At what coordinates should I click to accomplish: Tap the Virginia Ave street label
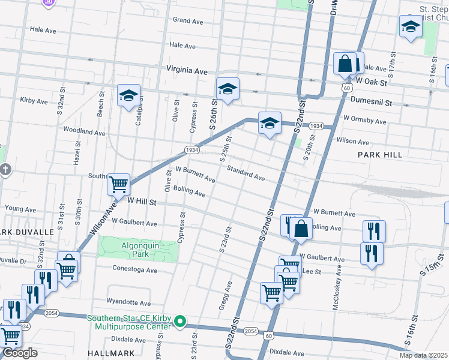click(x=187, y=70)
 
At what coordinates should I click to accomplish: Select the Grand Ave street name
click(x=187, y=20)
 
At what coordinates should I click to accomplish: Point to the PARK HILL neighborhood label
click(x=379, y=155)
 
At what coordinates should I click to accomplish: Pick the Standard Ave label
click(x=246, y=173)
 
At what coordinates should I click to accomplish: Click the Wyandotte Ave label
click(x=127, y=302)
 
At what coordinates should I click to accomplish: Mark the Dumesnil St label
click(x=371, y=103)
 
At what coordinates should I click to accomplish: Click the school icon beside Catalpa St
click(x=128, y=95)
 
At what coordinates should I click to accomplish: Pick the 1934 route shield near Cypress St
click(x=191, y=149)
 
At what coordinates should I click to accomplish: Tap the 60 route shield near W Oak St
click(x=347, y=88)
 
